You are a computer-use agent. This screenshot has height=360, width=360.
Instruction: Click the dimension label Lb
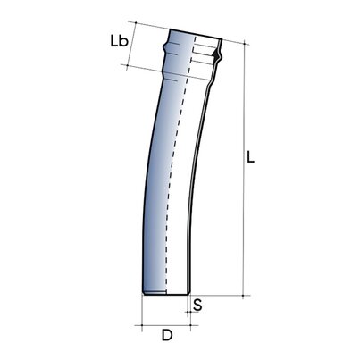[119, 41]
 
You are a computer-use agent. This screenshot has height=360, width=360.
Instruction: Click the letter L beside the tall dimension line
[251, 156]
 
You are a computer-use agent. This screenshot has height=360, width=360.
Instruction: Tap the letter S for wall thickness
[197, 306]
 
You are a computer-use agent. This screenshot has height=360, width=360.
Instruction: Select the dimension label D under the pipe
[167, 335]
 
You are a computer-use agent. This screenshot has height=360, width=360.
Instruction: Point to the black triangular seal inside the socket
[214, 54]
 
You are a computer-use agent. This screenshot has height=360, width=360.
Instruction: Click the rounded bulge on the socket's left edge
[164, 47]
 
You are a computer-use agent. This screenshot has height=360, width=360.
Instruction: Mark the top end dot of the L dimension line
[245, 44]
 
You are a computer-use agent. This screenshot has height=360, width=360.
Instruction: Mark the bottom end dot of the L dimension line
[243, 296]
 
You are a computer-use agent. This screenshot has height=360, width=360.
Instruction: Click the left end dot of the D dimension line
[142, 325]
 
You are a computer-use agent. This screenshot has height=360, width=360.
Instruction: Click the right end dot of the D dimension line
[190, 325]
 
